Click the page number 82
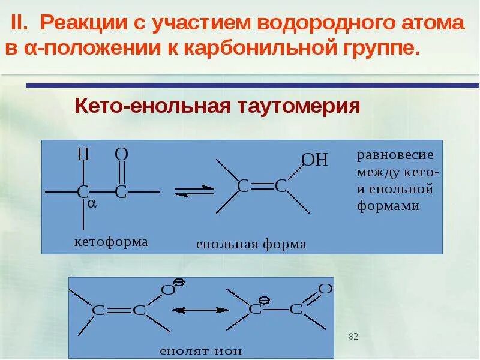click(353, 337)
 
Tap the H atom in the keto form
click(83, 155)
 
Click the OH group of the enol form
click(314, 160)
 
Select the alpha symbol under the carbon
click(92, 203)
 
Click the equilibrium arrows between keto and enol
click(194, 190)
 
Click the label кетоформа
click(110, 242)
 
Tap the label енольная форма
click(251, 244)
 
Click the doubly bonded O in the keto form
click(121, 154)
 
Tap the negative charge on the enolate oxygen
click(179, 281)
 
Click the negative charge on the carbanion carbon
click(263, 298)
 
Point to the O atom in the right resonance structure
click(325, 289)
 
